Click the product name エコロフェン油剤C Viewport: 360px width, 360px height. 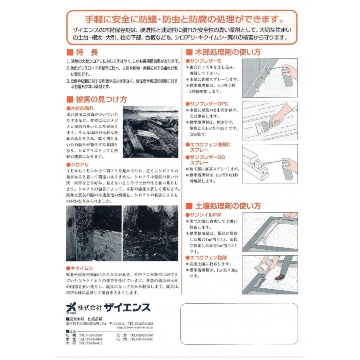211,146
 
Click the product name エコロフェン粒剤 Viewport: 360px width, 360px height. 206,258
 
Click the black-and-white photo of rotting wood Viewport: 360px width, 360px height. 150,132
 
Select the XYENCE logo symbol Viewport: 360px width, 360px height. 71,307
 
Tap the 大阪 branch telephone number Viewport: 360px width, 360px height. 91,343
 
